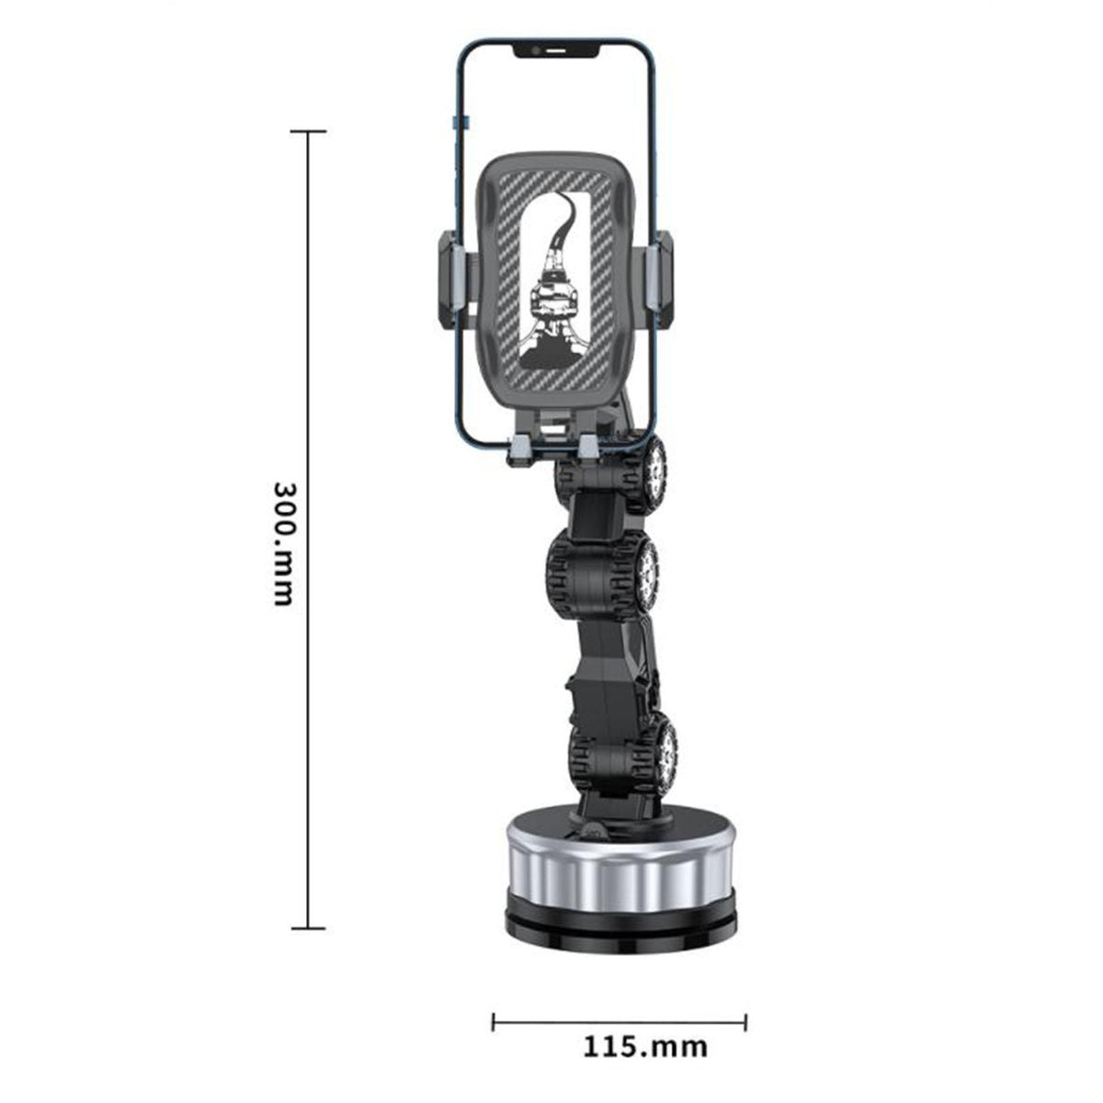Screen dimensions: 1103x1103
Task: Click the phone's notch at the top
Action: pos(556,51)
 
